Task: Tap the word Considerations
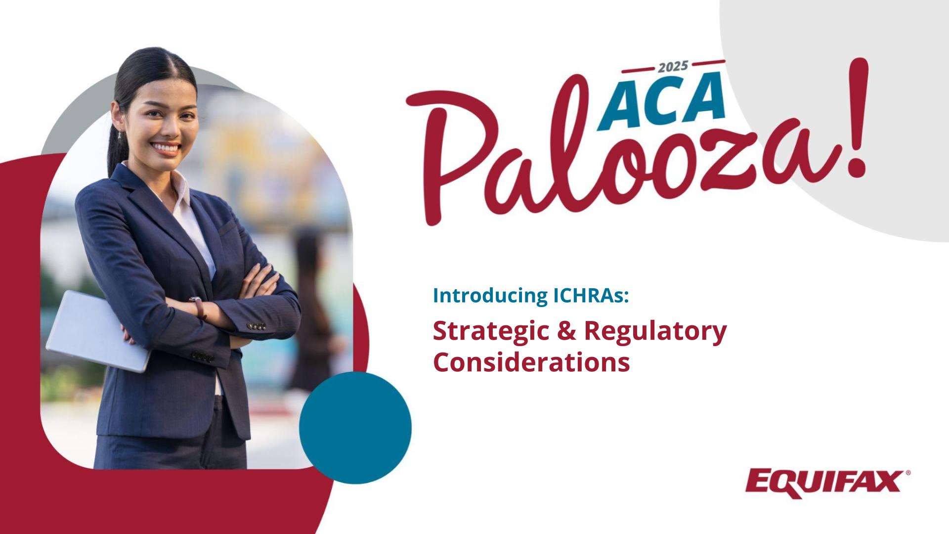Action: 531,362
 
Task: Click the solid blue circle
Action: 355,428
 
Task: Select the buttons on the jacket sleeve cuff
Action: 257,326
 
